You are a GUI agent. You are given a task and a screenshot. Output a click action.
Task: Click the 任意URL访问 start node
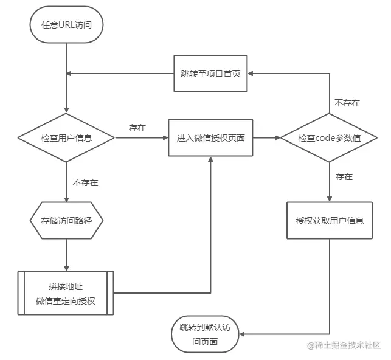[x=65, y=26]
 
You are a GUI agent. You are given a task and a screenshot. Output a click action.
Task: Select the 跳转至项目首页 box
[x=210, y=73]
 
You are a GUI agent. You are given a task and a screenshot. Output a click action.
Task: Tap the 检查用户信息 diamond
[x=66, y=138]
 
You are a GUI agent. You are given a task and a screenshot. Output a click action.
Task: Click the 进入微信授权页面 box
[x=210, y=138]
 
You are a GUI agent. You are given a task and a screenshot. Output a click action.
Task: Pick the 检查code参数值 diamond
[x=329, y=138]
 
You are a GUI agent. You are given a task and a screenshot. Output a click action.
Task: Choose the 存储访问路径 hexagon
[x=66, y=220]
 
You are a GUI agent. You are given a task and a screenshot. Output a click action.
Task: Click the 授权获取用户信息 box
[x=329, y=220]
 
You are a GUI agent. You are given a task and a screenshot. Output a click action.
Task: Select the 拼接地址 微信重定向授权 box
[x=66, y=293]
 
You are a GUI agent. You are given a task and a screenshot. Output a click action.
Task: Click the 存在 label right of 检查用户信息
[x=137, y=128]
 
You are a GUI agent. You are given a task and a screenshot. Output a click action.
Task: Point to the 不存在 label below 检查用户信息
[x=85, y=182]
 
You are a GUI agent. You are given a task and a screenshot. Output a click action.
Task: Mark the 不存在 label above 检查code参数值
[x=347, y=103]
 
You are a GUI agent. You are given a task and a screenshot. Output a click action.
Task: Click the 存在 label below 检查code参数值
[x=344, y=177]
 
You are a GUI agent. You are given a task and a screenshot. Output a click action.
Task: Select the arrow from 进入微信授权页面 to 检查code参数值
[x=266, y=138]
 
